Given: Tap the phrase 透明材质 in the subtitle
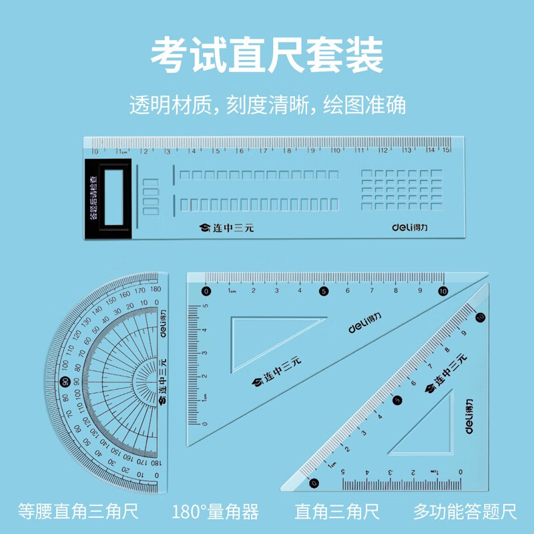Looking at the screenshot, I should click(170, 105).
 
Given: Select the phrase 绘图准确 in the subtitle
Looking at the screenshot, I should click(364, 105).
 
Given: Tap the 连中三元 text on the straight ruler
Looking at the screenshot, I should click(227, 228).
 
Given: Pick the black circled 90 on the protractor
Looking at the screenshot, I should click(65, 382).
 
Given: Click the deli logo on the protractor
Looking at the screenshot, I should click(160, 326).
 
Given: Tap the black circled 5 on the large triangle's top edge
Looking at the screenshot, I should click(324, 290).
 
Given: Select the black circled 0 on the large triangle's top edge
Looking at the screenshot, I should click(206, 290).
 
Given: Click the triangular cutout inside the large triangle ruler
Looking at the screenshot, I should click(267, 337).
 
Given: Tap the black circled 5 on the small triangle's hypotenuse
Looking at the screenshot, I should click(398, 400).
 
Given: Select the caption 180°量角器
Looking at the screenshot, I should click(214, 512).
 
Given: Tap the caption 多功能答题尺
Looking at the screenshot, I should click(465, 512).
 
